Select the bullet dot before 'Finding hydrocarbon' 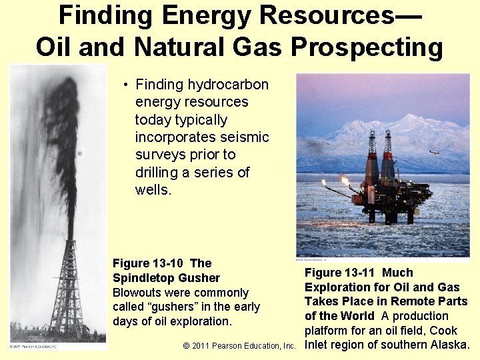125,85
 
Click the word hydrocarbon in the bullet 229,85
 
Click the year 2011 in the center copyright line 203,346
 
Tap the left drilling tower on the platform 372,157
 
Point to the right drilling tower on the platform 387,157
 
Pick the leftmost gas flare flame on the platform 325,183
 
